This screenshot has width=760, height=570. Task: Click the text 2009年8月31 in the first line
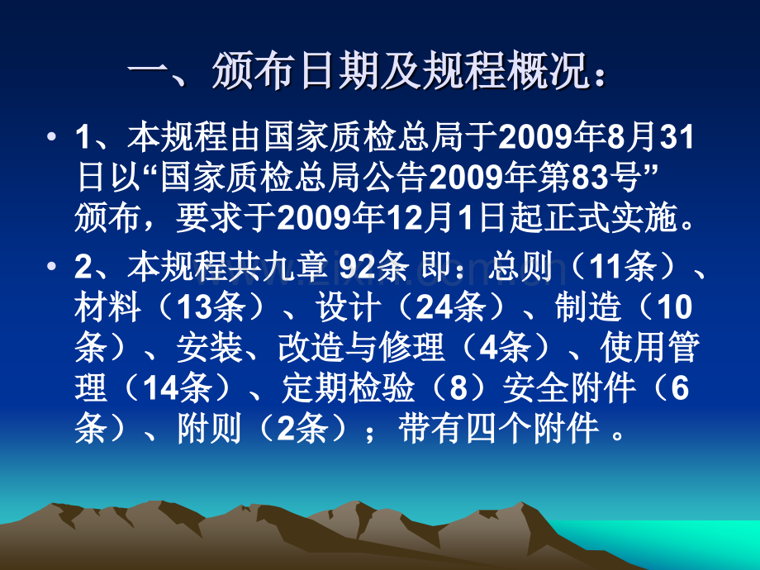point(598,138)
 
